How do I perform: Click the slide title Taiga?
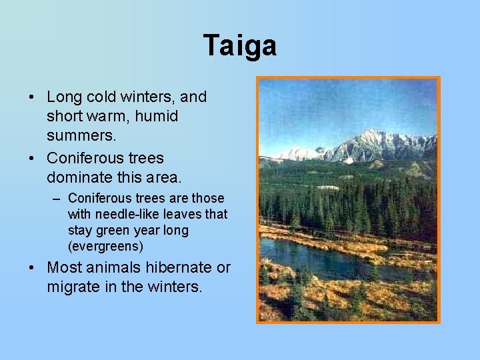pyautogui.click(x=240, y=46)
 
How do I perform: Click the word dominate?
pyautogui.click(x=79, y=178)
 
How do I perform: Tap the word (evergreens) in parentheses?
pyautogui.click(x=105, y=247)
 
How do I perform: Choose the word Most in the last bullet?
pyautogui.click(x=64, y=268)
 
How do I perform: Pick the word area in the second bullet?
pyautogui.click(x=163, y=178)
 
